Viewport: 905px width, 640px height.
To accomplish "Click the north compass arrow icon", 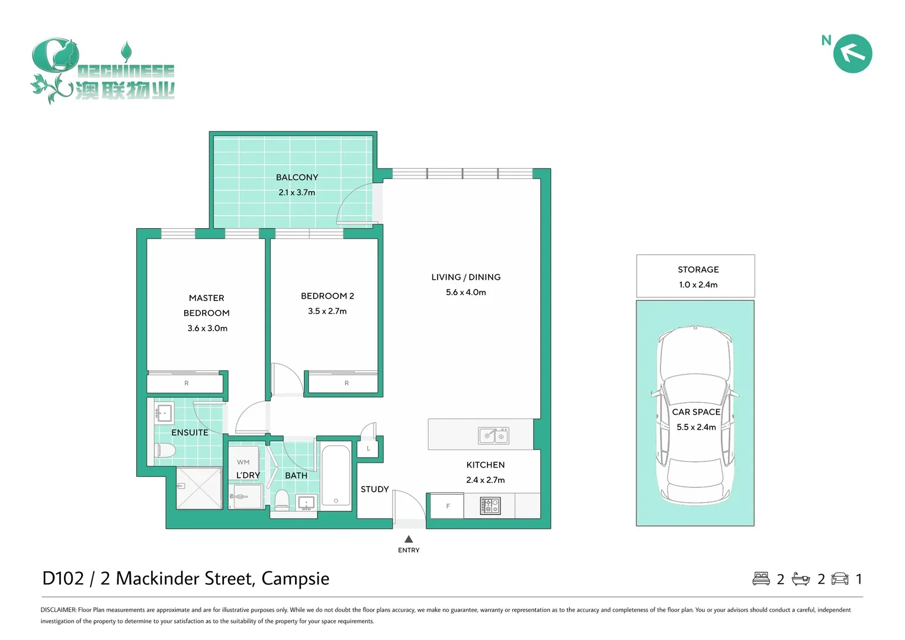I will (x=852, y=53).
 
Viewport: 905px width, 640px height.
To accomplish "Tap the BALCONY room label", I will (x=297, y=177).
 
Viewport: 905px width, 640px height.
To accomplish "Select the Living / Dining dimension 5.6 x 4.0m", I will (x=466, y=292).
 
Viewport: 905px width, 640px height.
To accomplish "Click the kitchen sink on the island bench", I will (x=493, y=436).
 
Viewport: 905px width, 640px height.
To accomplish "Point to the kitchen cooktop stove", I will (x=490, y=505).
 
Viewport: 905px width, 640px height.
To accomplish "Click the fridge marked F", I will (x=448, y=506).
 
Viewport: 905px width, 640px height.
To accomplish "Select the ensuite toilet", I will (x=165, y=451).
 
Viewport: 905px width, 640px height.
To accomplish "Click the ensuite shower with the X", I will (x=199, y=488).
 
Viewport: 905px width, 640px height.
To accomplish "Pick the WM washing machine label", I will (x=243, y=462).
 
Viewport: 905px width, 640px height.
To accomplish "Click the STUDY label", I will (x=374, y=489).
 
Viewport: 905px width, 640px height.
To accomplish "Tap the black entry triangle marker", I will (x=409, y=539).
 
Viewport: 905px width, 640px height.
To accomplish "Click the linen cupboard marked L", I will (x=368, y=449).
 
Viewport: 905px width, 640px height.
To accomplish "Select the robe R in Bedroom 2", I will (x=346, y=383).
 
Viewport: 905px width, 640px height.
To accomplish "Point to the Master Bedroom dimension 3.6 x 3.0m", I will (x=207, y=328).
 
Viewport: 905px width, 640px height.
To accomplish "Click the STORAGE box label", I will (x=698, y=270).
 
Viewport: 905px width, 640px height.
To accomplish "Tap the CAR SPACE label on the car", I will (x=696, y=412).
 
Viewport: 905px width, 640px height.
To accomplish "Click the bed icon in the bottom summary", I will (x=760, y=578).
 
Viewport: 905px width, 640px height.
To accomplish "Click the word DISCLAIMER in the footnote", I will (x=58, y=610).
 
